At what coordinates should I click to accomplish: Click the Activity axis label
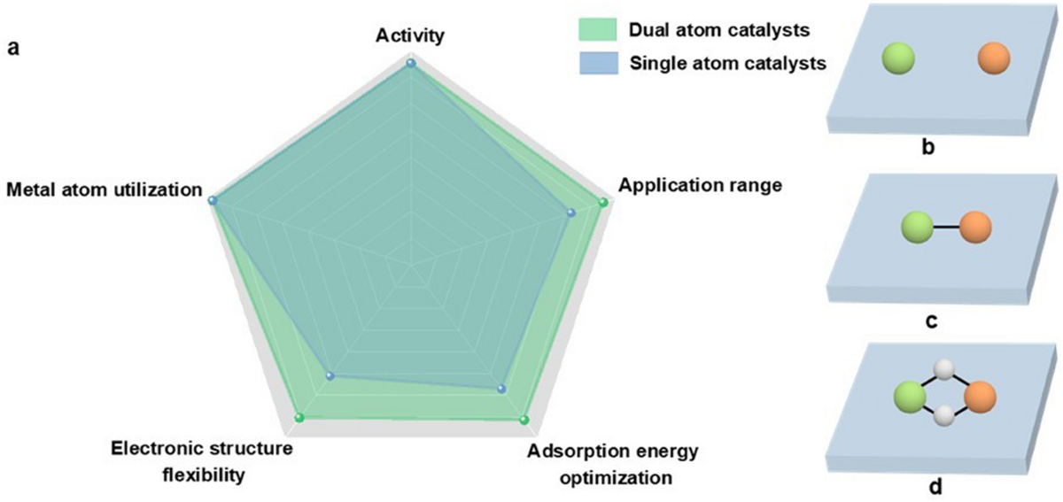point(409,35)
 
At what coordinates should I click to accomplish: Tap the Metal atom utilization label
point(104,189)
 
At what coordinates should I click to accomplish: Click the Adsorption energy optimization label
point(613,466)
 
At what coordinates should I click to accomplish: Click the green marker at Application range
point(603,204)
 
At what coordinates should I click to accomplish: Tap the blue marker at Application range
point(571,212)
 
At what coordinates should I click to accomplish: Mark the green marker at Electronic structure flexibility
point(299,417)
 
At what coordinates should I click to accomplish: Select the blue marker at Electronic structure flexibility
point(330,376)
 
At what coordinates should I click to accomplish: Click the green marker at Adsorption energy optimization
point(524,420)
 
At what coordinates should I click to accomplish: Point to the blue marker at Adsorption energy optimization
point(501,389)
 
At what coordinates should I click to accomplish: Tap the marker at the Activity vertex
point(410,63)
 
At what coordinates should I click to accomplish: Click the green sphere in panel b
point(897,61)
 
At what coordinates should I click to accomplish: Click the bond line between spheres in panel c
point(945,229)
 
